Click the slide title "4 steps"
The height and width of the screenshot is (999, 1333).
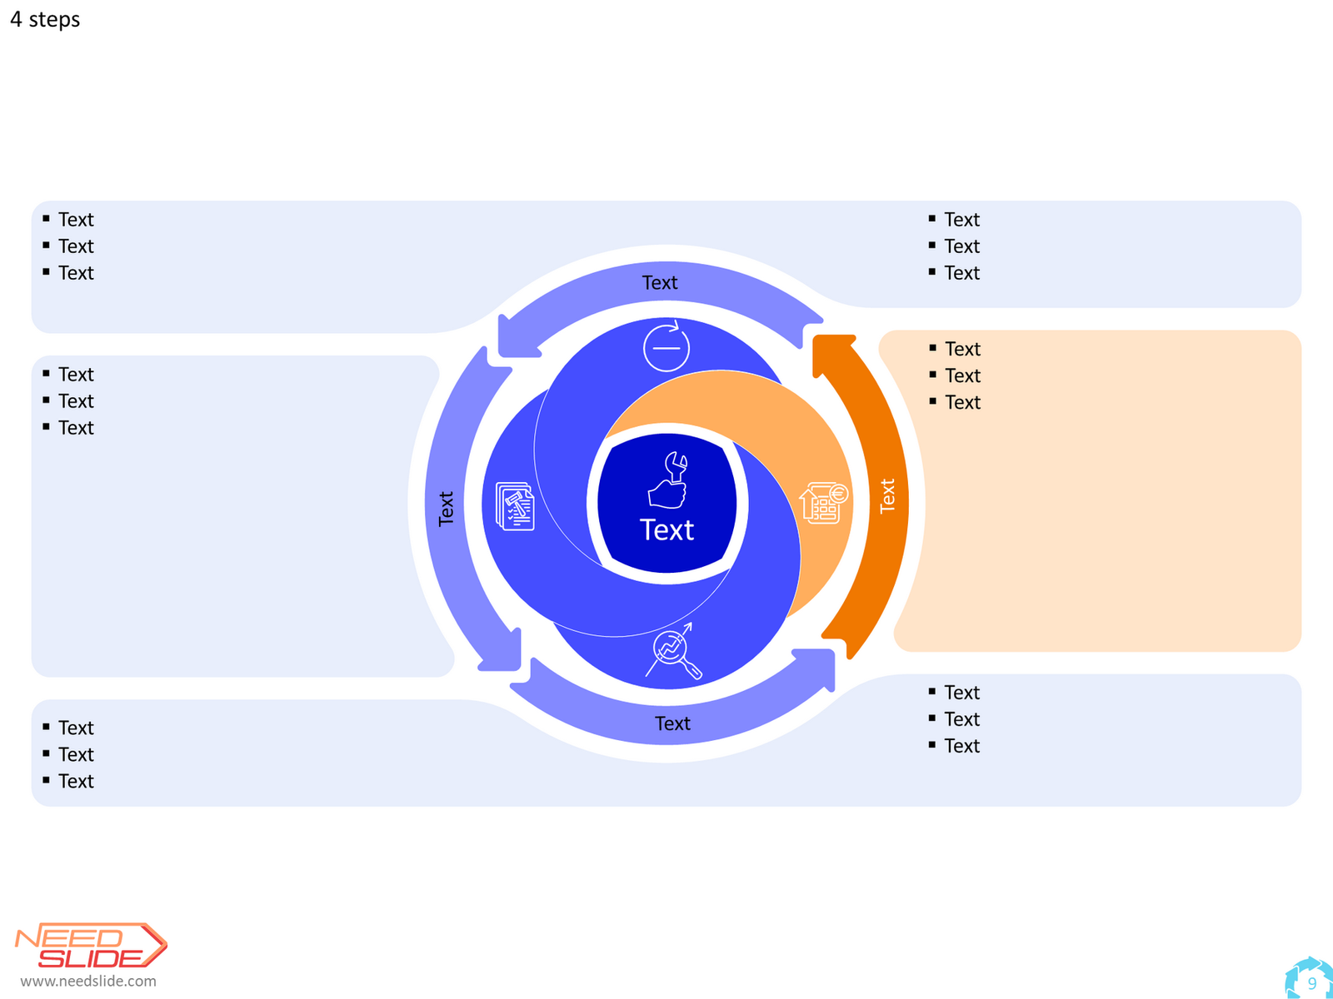(45, 19)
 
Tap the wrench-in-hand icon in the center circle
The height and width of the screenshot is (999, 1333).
(666, 480)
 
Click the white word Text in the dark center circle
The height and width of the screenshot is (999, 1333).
(666, 529)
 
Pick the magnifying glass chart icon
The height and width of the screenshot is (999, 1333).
(673, 651)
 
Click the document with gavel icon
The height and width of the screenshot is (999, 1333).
(515, 506)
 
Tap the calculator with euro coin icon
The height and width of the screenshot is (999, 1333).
(823, 503)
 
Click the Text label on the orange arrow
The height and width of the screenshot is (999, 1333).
(886, 495)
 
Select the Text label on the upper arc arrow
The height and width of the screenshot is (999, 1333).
(660, 283)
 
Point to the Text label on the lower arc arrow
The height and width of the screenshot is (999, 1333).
(672, 723)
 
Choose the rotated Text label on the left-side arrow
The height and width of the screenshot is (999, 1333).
(446, 509)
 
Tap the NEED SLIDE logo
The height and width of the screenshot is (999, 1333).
(91, 945)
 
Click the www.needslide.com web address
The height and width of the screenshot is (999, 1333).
(88, 981)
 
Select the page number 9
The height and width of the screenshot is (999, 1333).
(1311, 983)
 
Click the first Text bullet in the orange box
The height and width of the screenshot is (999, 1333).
(962, 349)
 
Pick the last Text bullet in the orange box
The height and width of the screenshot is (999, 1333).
(962, 402)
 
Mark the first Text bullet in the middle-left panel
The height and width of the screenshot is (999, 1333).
(76, 375)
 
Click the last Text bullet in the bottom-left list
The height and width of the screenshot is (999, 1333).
(76, 781)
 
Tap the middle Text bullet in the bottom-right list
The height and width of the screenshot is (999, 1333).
(962, 718)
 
